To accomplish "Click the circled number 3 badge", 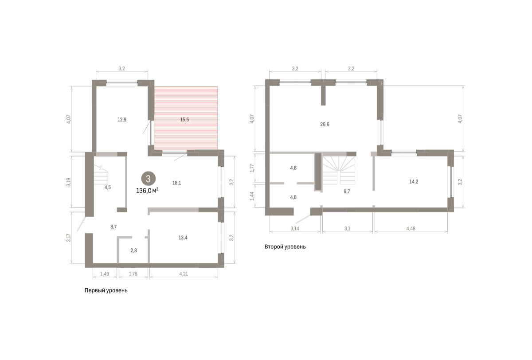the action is pos(149,179).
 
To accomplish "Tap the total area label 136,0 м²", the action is pos(147,191).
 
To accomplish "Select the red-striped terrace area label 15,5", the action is pos(184,120).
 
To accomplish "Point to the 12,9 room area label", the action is pos(122,120).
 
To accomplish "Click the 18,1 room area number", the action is pos(177,183).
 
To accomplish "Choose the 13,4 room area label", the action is pos(183,238).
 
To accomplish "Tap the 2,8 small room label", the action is pos(134,250).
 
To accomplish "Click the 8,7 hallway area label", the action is pos(113,227).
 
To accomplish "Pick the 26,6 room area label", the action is pos(325,125).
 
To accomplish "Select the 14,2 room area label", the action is pos(414,182).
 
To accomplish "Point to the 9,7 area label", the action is pos(347,192).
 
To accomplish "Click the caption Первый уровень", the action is pos(106,290).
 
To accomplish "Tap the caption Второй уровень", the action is pos(285,247).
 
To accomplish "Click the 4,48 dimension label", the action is pos(411,228).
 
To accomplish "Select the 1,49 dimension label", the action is pos(105,274).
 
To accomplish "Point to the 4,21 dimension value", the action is pos(184,274).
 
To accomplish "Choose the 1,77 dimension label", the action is pos(252,168).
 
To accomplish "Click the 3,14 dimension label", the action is pos(295,228).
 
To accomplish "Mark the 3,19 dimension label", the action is pos(69,182).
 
